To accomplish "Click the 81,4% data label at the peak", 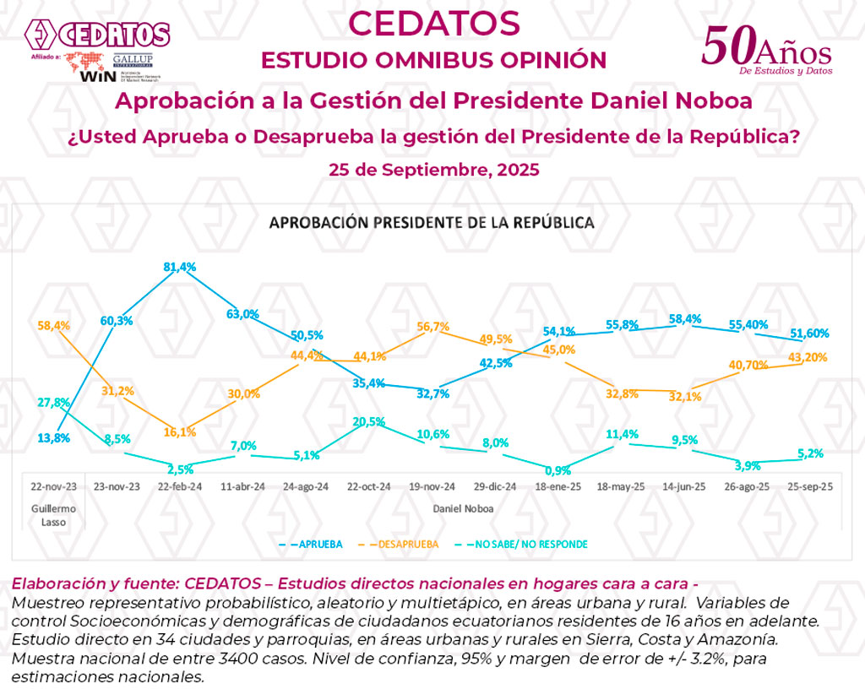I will (x=179, y=267).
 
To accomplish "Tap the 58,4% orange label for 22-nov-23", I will (x=54, y=324).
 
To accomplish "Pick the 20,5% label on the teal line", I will (x=370, y=421).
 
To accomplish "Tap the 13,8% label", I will (x=54, y=438).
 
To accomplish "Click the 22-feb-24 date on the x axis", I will (x=179, y=487).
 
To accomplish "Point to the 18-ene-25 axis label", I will (x=558, y=487).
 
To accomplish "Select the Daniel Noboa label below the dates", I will (x=463, y=509).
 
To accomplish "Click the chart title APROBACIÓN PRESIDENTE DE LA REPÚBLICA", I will (x=431, y=223).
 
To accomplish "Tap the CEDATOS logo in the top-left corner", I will (x=97, y=35).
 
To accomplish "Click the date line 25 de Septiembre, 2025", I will (x=433, y=169).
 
